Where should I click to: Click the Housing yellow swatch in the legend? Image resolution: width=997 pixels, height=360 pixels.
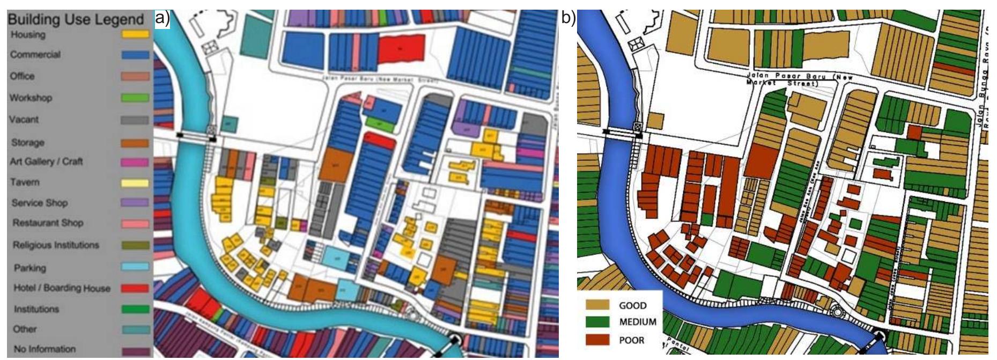point(135,34)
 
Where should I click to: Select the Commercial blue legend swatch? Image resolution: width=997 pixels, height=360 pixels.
point(135,55)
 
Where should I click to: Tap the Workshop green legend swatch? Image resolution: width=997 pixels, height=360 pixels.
point(135,98)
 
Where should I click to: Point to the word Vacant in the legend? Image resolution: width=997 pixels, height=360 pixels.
point(24,120)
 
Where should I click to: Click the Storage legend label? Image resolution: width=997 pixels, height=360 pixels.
point(28,143)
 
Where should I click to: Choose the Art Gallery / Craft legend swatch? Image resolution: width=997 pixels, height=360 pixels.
point(135,162)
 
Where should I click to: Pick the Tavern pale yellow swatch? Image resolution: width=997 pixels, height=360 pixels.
point(135,183)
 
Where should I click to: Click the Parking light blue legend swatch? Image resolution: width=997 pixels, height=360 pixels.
point(135,267)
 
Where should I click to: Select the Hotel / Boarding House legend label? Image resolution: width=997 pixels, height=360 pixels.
point(62,288)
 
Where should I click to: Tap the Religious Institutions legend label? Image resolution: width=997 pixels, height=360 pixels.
point(56,245)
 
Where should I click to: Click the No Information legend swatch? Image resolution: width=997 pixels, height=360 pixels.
point(135,351)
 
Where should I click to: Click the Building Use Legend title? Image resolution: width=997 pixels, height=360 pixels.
point(76,20)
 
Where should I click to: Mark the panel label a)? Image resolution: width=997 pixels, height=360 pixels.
point(162,19)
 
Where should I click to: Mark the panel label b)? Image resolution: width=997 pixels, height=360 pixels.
point(568,19)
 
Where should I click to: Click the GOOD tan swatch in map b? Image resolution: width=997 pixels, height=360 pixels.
point(598,305)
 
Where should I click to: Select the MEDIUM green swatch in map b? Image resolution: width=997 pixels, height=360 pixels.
point(598,322)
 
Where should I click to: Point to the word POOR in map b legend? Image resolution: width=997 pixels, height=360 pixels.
point(632,340)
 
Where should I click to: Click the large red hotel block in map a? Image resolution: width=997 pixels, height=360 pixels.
point(401,49)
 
